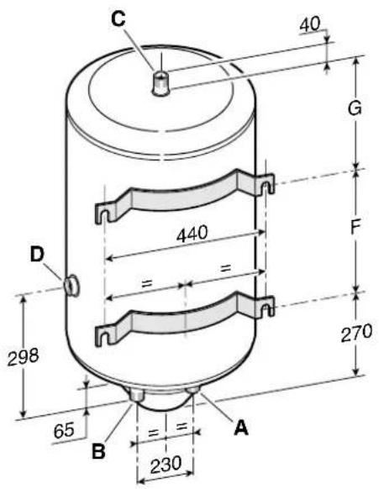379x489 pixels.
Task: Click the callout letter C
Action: tap(118, 18)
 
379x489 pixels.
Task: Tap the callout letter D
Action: tap(38, 255)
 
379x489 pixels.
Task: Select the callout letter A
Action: tap(241, 427)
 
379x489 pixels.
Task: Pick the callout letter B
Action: tap(98, 451)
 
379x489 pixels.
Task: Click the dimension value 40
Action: tap(310, 24)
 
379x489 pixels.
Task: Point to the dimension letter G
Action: tap(355, 108)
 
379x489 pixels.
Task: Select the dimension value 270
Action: tap(356, 333)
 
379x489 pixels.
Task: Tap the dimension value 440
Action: tap(192, 234)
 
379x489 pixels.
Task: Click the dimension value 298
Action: tap(23, 357)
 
